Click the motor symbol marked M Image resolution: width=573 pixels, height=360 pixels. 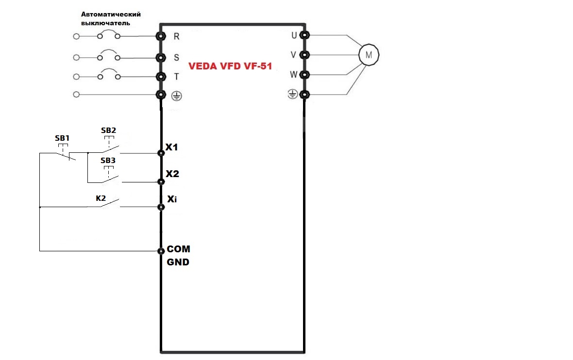(368, 54)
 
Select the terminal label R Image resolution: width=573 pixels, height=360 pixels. (176, 36)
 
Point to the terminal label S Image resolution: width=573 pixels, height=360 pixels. (176, 57)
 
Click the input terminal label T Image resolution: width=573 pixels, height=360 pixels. (176, 76)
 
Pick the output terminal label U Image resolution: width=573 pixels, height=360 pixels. (294, 35)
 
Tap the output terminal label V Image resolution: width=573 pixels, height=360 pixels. (293, 55)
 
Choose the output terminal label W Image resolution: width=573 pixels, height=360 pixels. (293, 74)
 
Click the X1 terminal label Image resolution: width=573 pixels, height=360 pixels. (172, 147)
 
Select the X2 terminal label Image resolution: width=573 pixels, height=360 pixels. (172, 174)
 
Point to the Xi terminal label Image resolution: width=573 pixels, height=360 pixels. (172, 199)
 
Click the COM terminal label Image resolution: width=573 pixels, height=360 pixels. (178, 249)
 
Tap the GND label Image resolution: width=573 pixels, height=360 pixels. (178, 262)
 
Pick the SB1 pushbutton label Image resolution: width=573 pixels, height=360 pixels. (62, 138)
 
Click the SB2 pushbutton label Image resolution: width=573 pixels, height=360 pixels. (108, 131)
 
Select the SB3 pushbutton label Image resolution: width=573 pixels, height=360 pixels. (108, 160)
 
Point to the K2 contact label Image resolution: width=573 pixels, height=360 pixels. (101, 198)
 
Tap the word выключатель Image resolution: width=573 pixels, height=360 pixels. (105, 23)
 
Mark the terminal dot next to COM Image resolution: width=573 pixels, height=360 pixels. (161, 251)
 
